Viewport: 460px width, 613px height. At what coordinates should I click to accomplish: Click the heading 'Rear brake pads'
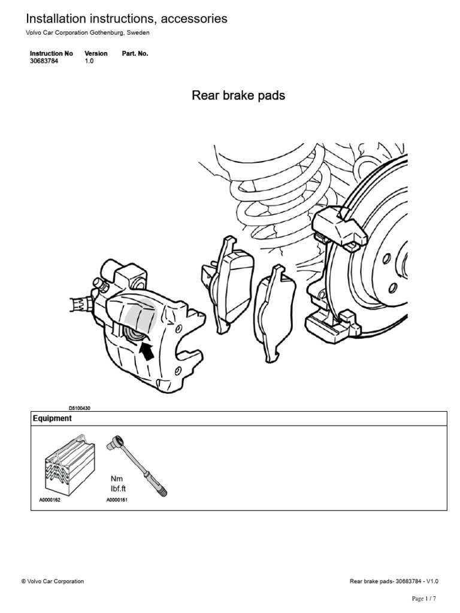[x=238, y=96]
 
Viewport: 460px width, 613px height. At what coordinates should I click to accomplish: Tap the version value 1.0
[x=89, y=61]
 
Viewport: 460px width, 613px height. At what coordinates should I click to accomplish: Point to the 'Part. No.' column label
[x=135, y=53]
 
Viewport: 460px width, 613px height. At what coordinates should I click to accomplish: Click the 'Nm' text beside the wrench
[x=116, y=480]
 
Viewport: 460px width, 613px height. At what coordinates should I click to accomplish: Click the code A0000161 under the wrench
[x=117, y=499]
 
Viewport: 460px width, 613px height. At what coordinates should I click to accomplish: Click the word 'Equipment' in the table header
[x=52, y=418]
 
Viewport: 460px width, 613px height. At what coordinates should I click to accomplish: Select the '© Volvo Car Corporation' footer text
[x=53, y=581]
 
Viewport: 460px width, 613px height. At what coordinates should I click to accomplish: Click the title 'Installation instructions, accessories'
[x=126, y=19]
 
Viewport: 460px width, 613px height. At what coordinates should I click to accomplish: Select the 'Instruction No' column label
[x=52, y=53]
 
